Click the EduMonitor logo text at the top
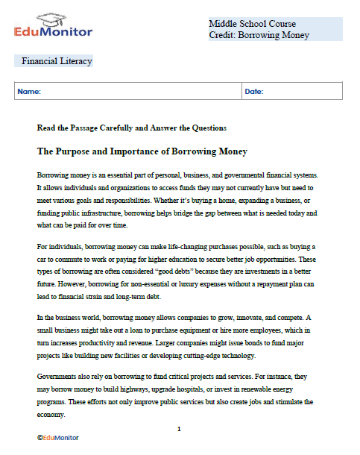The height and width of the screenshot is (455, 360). [53, 31]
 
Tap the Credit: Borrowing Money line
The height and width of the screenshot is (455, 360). [259, 35]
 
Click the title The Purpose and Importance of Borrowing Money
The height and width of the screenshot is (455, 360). [142, 151]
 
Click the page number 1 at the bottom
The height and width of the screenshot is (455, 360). [180, 430]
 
